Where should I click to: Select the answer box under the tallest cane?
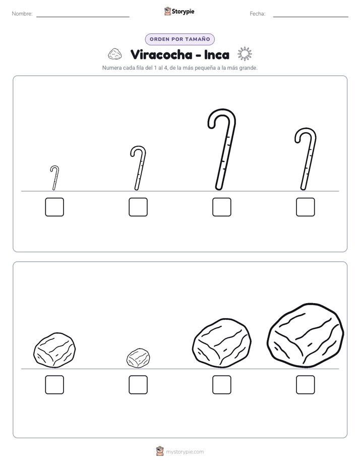click(221, 207)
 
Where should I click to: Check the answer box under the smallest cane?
click(54, 207)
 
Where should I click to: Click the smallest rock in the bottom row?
click(138, 358)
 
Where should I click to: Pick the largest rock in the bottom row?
click(306, 335)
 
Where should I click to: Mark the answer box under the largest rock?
click(306, 385)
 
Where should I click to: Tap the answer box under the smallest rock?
click(138, 385)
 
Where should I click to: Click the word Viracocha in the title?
click(161, 54)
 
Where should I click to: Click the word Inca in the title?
click(216, 54)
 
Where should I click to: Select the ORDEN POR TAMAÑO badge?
click(179, 39)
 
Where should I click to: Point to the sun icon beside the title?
click(245, 54)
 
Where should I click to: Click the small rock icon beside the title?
click(114, 54)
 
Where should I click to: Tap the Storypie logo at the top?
click(179, 11)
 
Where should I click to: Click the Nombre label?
click(22, 14)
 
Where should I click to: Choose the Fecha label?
click(257, 14)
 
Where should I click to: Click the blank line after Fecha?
click(311, 17)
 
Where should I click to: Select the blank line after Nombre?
click(83, 17)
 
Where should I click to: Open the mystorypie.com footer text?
click(185, 452)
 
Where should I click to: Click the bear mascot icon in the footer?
click(160, 451)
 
